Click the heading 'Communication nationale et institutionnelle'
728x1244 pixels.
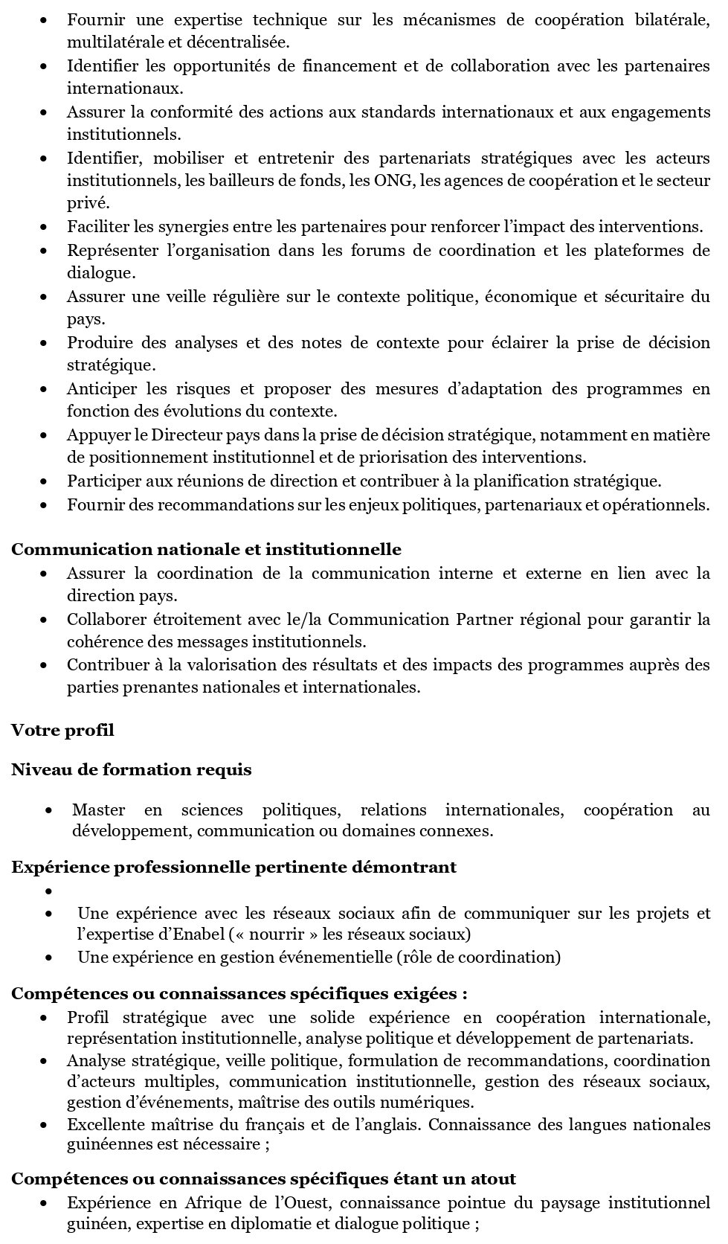tap(206, 550)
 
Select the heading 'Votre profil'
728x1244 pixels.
tap(62, 730)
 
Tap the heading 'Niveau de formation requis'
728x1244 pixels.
tap(131, 769)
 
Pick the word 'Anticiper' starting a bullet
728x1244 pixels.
tap(102, 388)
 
